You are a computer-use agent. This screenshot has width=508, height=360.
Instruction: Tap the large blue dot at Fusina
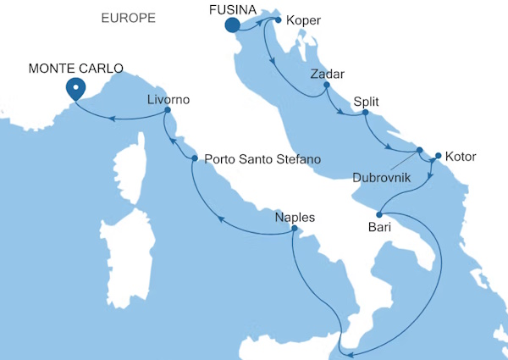click(232, 26)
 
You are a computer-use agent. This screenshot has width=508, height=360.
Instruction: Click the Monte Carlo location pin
click(75, 88)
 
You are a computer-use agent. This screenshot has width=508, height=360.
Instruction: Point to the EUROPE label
click(128, 17)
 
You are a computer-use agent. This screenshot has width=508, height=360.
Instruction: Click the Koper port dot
click(279, 19)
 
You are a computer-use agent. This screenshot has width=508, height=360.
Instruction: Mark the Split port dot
click(365, 113)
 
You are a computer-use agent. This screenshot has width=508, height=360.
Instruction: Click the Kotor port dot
click(438, 156)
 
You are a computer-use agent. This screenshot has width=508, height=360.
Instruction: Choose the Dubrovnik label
click(383, 178)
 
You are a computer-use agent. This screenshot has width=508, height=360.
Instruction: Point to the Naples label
click(295, 217)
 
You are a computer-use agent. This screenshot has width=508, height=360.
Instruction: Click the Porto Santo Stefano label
click(262, 158)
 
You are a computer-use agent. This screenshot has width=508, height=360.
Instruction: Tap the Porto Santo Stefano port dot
click(195, 158)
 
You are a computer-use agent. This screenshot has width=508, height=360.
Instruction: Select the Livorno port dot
click(168, 110)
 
